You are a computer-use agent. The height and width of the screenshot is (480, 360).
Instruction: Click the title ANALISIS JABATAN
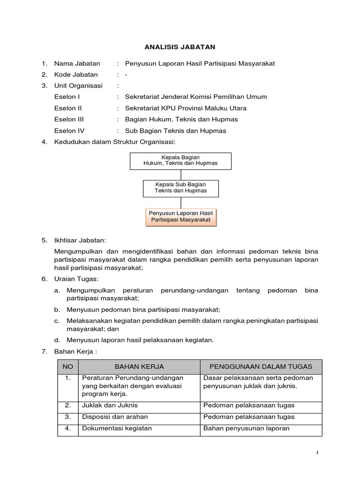(x=180, y=47)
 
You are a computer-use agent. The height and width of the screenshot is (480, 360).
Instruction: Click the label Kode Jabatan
(x=76, y=75)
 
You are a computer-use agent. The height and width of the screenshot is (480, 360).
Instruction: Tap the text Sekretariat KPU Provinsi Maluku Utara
(x=186, y=108)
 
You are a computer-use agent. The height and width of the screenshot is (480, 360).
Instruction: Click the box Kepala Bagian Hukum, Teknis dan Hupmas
(x=180, y=160)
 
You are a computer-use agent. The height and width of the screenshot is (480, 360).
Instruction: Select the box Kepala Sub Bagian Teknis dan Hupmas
(x=180, y=187)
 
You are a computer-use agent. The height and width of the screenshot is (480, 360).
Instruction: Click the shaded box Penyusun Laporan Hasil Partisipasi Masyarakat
(x=180, y=217)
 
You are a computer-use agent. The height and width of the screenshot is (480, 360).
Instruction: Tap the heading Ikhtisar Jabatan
(x=80, y=240)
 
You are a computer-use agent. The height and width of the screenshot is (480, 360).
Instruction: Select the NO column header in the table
(x=68, y=367)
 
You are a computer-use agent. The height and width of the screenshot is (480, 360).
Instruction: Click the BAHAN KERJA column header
(x=139, y=367)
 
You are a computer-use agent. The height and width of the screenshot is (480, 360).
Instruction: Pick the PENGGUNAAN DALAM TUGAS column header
(x=261, y=367)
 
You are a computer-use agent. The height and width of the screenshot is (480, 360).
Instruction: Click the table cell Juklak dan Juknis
(x=110, y=405)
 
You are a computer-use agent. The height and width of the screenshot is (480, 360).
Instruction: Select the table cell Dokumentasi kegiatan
(x=117, y=428)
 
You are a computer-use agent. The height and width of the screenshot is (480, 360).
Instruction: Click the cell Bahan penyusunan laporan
(x=246, y=428)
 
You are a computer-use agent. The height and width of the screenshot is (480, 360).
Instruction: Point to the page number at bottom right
(x=317, y=453)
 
